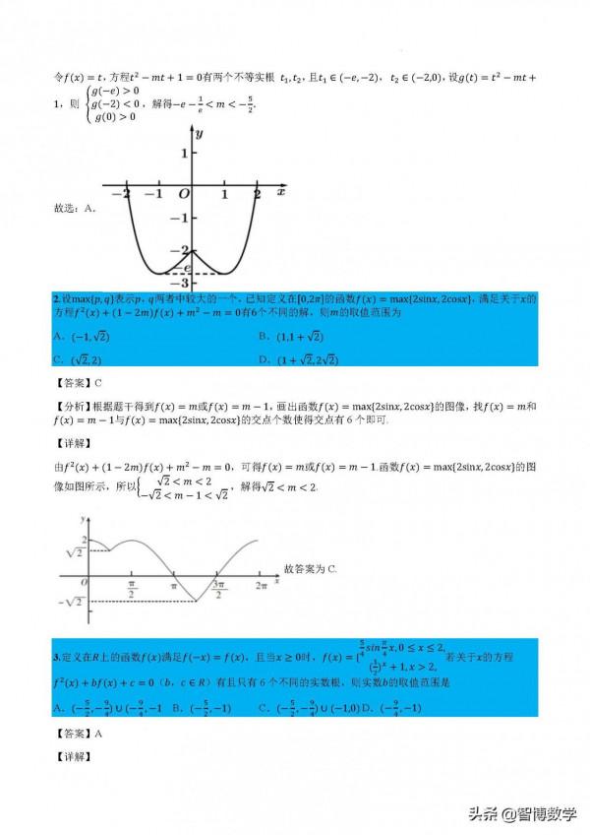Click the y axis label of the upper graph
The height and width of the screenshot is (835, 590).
(199, 132)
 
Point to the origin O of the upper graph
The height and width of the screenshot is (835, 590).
(183, 195)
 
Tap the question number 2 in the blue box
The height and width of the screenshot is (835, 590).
(56, 297)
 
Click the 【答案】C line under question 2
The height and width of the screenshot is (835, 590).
(78, 382)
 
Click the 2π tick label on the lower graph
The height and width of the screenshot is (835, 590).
(261, 587)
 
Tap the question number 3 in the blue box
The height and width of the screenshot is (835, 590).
(56, 656)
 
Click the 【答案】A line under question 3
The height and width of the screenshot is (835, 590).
(78, 734)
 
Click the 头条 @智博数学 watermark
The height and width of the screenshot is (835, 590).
(522, 814)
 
